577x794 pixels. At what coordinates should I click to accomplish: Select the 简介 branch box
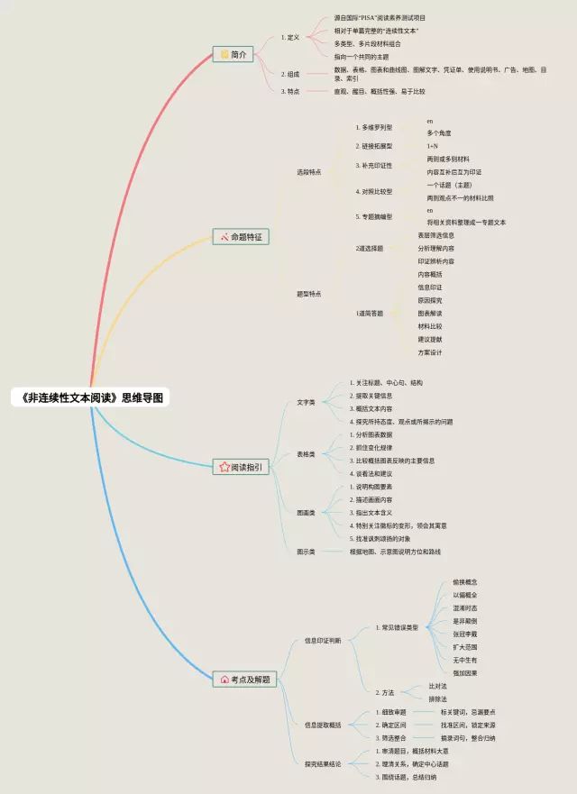point(234,54)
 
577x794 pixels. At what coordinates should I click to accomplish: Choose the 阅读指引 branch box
point(242,467)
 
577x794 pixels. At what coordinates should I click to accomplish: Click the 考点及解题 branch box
point(243,679)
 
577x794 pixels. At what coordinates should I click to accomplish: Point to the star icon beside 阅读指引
point(224,467)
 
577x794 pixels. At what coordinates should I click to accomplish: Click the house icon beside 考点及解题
point(224,679)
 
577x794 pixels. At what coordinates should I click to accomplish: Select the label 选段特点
point(308,171)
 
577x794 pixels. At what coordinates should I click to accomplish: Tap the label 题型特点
point(308,293)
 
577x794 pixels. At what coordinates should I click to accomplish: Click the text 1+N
point(433,146)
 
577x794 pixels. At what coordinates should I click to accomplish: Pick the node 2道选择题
point(369,248)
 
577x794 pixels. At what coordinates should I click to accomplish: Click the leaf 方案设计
point(430,352)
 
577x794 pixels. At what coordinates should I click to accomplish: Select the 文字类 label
point(307,402)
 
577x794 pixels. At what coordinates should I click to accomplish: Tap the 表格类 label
point(307,454)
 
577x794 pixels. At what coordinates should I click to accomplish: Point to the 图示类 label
point(307,551)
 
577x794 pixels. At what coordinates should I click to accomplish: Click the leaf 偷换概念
point(465,582)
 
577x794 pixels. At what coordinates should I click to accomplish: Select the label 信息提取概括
point(323,725)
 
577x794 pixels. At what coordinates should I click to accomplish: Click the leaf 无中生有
point(465,660)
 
